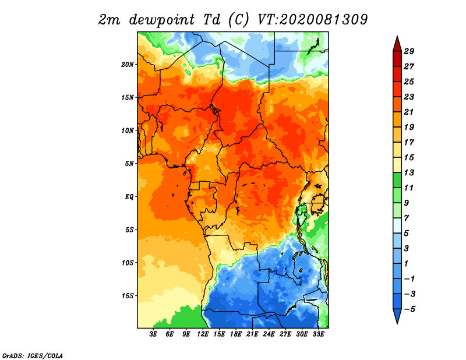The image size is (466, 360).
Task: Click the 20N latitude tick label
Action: point(128,65)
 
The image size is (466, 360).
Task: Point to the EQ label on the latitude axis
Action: point(129,197)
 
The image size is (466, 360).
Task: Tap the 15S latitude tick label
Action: point(128,296)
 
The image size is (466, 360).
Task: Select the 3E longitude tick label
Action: point(153,334)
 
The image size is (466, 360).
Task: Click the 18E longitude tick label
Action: point(236,334)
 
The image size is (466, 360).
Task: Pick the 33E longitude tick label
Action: point(318,334)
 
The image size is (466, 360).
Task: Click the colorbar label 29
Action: point(409,51)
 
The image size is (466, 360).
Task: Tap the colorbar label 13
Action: point(409,172)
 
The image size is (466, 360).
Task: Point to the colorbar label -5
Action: point(409,309)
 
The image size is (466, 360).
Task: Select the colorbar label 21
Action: point(409,112)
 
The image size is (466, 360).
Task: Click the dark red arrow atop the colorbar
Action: point(397,44)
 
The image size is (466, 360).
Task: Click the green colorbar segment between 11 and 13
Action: point(397,180)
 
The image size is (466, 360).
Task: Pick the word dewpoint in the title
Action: point(161,20)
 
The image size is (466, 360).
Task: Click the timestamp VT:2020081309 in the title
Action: point(312,20)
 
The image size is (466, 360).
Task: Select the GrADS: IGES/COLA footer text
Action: point(33,355)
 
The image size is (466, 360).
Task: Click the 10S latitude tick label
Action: point(128,263)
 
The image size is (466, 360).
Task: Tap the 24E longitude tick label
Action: point(269,334)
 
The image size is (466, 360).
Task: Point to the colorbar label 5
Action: point(406,234)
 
